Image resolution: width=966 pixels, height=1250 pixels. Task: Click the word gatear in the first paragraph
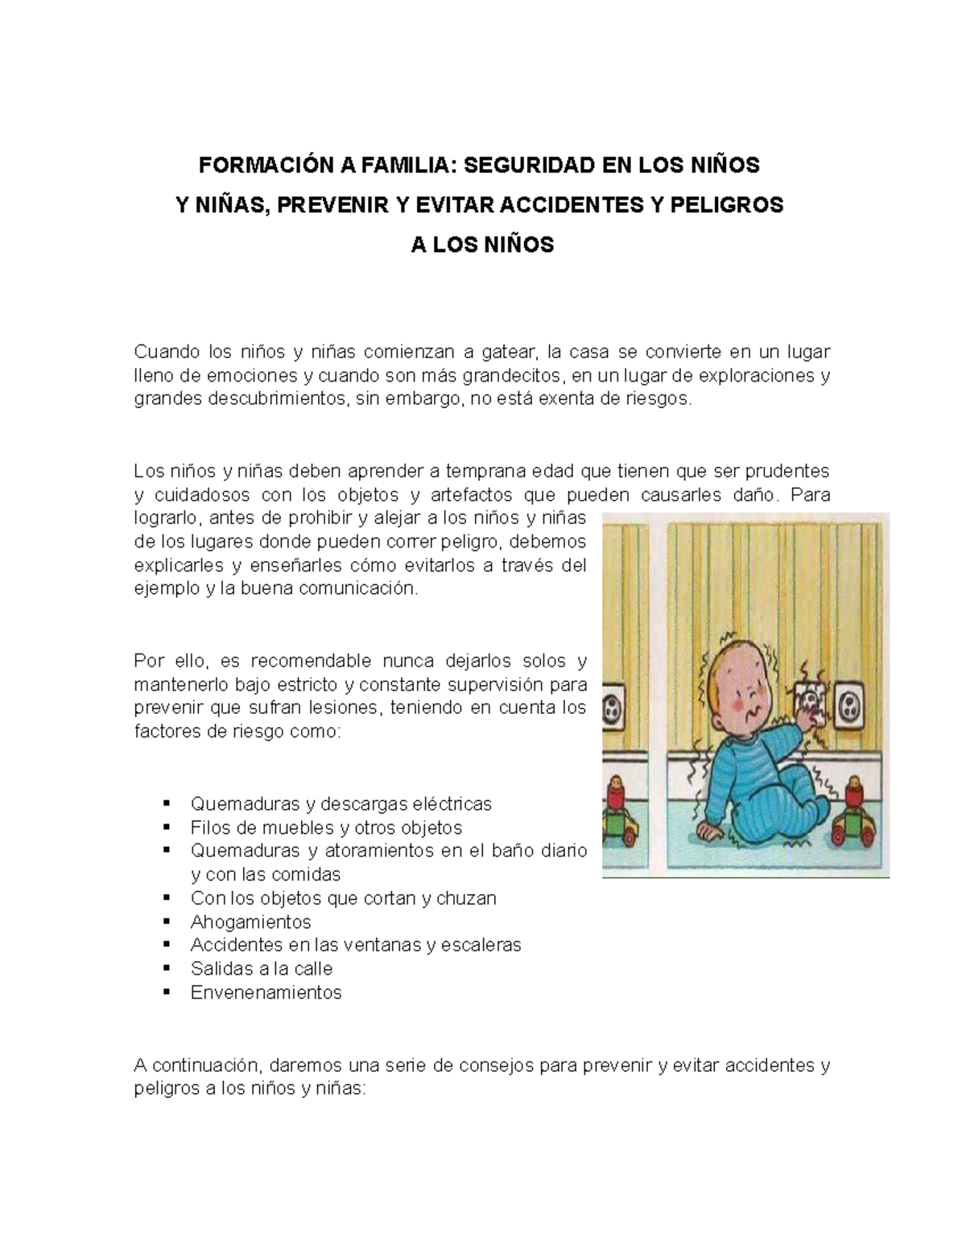point(508,352)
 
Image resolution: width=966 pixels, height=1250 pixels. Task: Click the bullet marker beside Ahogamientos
point(167,922)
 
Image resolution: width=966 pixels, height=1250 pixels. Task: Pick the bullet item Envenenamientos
point(266,992)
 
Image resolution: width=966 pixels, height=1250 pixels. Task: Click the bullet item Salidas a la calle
point(261,968)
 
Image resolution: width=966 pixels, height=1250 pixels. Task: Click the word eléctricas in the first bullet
point(452,803)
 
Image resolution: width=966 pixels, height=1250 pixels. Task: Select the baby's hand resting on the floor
point(706,829)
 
